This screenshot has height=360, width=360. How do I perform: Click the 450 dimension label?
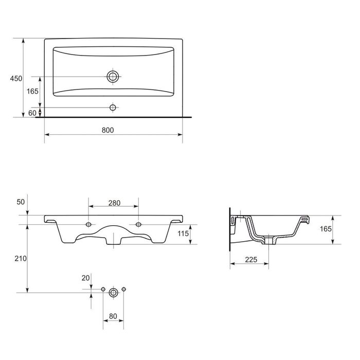pyautogui.click(x=16, y=78)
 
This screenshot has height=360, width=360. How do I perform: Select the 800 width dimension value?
pyautogui.click(x=107, y=130)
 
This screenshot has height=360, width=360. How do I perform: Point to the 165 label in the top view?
pyautogui.click(x=32, y=92)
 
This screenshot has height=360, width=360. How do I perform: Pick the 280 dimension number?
pyautogui.click(x=114, y=203)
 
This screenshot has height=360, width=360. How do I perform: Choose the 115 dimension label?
pyautogui.click(x=199, y=234)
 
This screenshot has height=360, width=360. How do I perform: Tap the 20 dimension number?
pyautogui.click(x=86, y=278)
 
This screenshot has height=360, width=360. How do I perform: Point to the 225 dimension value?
pyautogui.click(x=250, y=260)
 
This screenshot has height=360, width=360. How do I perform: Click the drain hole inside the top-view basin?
pyautogui.click(x=113, y=77)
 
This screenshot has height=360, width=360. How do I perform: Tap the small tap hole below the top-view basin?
pyautogui.click(x=113, y=107)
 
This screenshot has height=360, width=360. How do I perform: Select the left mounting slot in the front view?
pyautogui.click(x=88, y=225)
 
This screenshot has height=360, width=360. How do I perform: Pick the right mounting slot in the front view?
pyautogui.click(x=138, y=225)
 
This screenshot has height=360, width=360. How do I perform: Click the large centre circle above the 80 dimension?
pyautogui.click(x=113, y=292)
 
